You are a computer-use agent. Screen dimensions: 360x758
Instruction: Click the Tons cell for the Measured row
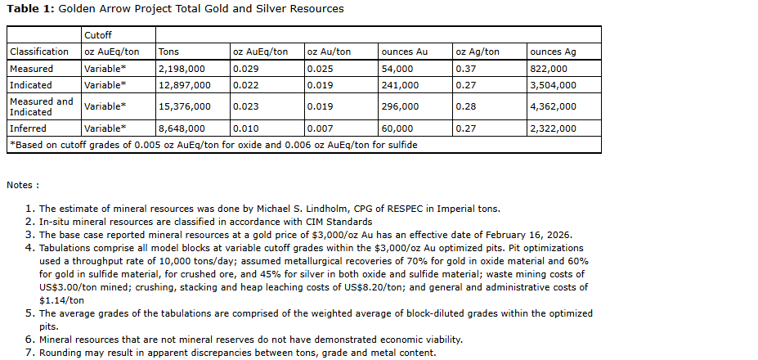pyautogui.click(x=181, y=69)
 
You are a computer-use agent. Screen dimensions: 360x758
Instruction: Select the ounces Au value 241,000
pyautogui.click(x=400, y=85)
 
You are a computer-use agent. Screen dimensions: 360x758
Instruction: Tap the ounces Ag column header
pyautogui.click(x=553, y=52)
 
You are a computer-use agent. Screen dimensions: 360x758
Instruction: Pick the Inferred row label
pyautogui.click(x=28, y=128)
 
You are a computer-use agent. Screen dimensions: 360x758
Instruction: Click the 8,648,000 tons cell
pyautogui.click(x=181, y=128)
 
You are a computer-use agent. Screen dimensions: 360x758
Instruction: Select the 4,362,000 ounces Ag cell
pyautogui.click(x=553, y=106)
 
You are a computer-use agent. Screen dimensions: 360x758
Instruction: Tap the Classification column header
pyautogui.click(x=38, y=52)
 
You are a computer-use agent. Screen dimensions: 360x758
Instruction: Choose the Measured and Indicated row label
pyautogui.click(x=41, y=106)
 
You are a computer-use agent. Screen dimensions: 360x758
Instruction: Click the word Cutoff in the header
pyautogui.click(x=97, y=35)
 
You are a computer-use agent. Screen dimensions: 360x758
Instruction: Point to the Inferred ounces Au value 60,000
pyautogui.click(x=397, y=128)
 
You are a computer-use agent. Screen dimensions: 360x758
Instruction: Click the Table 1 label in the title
pyautogui.click(x=30, y=9)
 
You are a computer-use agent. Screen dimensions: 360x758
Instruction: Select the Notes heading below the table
pyautogui.click(x=23, y=186)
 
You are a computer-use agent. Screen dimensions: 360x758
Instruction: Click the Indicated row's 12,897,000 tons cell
pyautogui.click(x=184, y=85)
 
